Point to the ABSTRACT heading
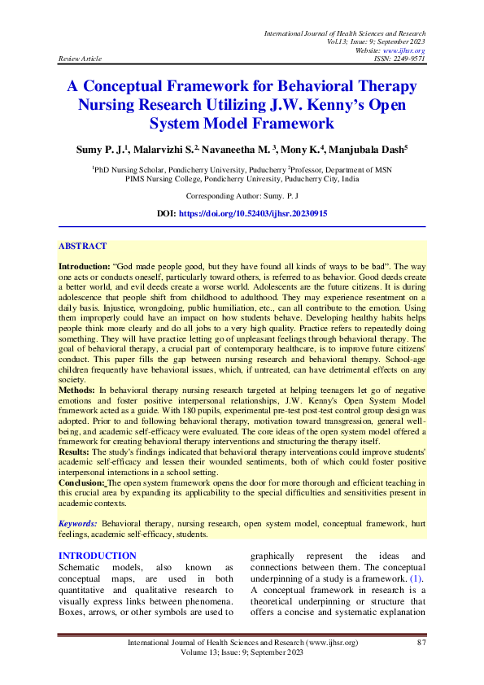(x=82, y=246)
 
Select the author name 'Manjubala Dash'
(x=381, y=150)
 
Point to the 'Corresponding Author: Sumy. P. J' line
(x=242, y=196)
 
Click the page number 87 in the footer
(x=421, y=644)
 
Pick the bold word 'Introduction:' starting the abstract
(x=85, y=266)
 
